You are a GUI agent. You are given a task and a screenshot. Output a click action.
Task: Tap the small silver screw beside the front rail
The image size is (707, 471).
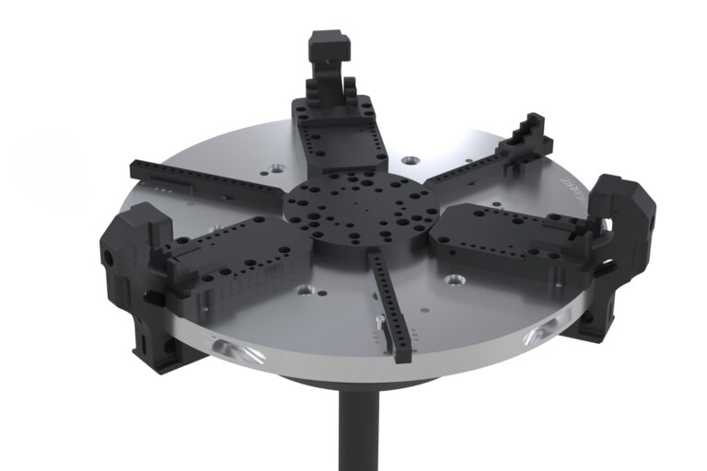pos(378,322)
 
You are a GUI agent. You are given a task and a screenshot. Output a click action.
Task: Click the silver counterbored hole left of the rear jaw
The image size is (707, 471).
pos(274,169)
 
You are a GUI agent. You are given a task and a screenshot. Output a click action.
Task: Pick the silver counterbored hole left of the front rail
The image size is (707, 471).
pos(306,292)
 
